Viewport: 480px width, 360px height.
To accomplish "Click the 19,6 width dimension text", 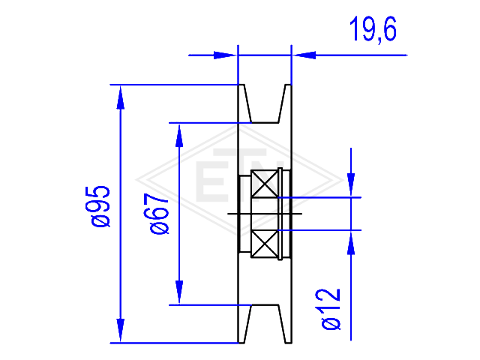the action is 373,29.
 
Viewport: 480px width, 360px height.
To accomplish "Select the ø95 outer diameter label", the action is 100,207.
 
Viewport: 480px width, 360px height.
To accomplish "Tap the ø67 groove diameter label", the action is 159,214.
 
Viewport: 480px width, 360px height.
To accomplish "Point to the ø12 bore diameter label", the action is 331,309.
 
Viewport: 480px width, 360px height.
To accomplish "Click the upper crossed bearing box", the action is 265,184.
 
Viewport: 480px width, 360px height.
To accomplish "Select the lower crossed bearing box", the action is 265,244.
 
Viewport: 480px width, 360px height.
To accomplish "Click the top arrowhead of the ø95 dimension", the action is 121,97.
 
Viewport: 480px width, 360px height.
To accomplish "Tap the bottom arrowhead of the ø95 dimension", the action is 121,331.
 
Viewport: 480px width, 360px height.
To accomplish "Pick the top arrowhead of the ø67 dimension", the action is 179,135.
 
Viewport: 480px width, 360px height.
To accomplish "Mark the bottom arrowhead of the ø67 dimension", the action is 179,292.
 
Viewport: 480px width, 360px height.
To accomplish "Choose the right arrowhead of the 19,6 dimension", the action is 304,55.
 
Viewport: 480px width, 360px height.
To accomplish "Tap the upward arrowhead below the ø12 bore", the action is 351,243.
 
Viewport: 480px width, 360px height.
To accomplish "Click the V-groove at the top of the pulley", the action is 265,103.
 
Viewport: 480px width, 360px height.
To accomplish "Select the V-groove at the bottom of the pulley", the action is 265,324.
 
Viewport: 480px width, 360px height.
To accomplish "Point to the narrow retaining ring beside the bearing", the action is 280,214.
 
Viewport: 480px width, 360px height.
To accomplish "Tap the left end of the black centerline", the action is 228,214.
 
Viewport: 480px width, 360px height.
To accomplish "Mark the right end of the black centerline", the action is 302,214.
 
